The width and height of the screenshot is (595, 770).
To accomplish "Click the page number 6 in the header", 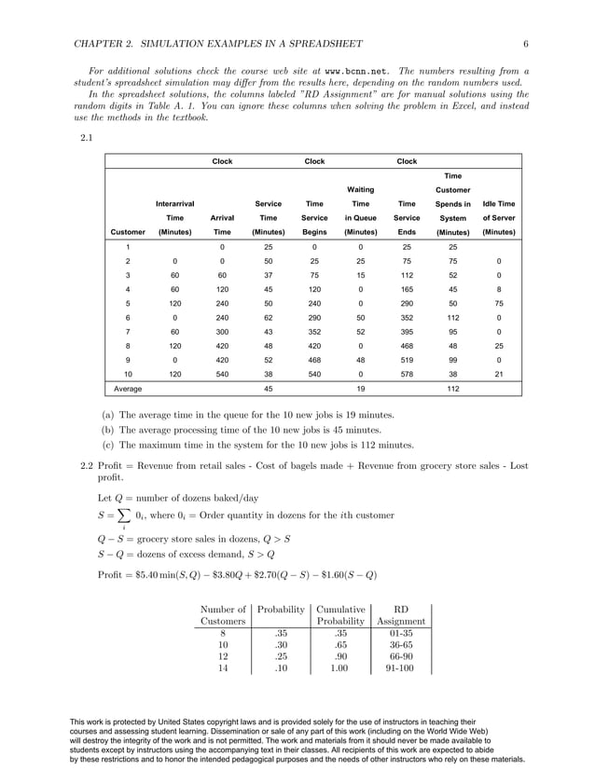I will pos(526,44).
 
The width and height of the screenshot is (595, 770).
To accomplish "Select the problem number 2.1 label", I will pos(86,137).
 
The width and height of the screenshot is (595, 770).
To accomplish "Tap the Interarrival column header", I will pos(174,202).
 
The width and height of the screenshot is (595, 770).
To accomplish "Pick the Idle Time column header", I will pos(499,202).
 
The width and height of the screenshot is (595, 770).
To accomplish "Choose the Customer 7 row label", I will pos(128,332).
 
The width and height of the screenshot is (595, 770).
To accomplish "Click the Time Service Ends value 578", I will pos(407,368).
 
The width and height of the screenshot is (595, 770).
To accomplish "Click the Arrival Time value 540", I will pos(222,368).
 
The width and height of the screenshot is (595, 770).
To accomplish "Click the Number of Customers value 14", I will pos(223,668).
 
